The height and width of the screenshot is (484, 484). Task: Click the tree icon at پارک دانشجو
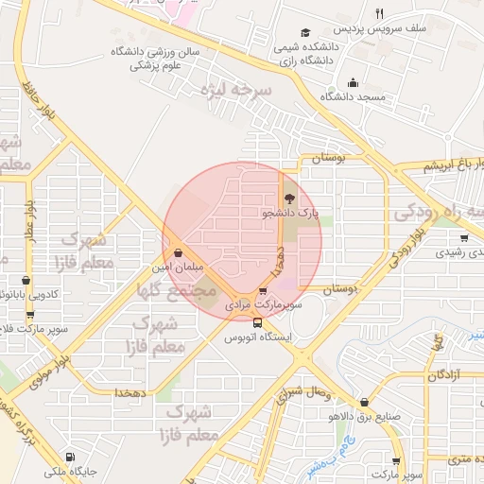click(288, 199)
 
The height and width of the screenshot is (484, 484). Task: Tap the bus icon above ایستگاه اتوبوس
click(258, 322)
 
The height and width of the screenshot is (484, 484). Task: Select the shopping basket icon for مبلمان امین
click(179, 252)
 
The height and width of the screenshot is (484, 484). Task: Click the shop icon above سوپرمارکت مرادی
click(263, 292)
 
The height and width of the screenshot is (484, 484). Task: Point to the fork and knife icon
click(379, 13)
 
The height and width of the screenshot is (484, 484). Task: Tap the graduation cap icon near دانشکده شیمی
click(304, 32)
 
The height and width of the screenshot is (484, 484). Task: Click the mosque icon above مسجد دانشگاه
click(353, 82)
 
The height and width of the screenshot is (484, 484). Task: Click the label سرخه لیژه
click(236, 92)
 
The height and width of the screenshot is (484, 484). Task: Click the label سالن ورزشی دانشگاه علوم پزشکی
click(156, 59)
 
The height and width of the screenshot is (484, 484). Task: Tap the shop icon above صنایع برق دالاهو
click(365, 401)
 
